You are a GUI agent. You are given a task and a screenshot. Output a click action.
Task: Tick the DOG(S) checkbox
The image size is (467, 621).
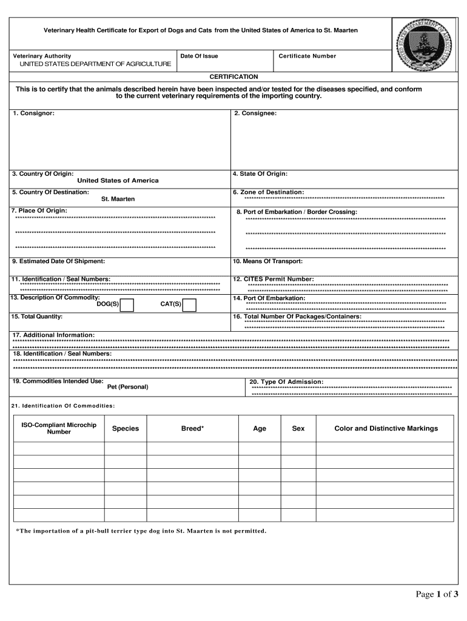click(x=127, y=305)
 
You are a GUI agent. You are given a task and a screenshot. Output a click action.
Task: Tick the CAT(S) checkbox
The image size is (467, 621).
click(x=189, y=305)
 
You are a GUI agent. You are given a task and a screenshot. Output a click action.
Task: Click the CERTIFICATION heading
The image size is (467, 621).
click(x=233, y=77)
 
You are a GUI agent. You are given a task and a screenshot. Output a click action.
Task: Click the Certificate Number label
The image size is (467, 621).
click(x=307, y=56)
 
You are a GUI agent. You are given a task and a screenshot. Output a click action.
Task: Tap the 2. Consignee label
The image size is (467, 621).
click(x=255, y=113)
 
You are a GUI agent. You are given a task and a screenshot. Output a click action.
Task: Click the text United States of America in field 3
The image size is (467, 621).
click(x=118, y=181)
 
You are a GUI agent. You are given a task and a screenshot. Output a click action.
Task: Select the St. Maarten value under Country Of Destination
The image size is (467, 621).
click(x=118, y=199)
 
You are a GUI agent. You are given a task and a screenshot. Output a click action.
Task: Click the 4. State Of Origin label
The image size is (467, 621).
click(x=260, y=174)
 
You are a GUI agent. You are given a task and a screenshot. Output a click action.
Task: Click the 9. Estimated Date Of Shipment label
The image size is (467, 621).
click(x=58, y=261)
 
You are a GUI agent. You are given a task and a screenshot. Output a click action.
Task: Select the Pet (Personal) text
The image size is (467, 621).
click(x=127, y=387)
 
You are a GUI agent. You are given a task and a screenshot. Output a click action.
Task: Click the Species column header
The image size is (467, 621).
click(x=125, y=429)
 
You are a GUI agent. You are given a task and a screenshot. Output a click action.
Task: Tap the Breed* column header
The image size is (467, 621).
click(x=192, y=429)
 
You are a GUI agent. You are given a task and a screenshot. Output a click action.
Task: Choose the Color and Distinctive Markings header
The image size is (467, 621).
click(x=386, y=429)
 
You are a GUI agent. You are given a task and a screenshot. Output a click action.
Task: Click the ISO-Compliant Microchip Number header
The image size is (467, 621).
click(x=59, y=429)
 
